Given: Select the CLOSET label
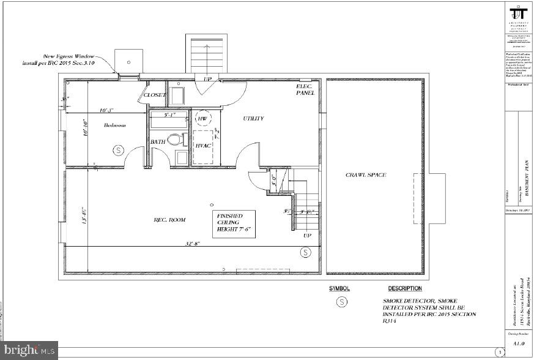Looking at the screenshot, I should pyautogui.click(x=154, y=95).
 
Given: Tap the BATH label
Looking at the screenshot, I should pyautogui.click(x=158, y=141).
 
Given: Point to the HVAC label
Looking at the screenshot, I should pyautogui.click(x=203, y=145).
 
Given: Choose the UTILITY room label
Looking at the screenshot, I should pyautogui.click(x=253, y=118).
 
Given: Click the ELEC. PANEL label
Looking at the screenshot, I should pyautogui.click(x=305, y=90).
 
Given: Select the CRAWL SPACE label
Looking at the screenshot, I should pyautogui.click(x=366, y=175).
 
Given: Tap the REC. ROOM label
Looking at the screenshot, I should pyautogui.click(x=169, y=219).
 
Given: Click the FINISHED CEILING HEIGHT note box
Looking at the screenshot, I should pyautogui.click(x=234, y=223).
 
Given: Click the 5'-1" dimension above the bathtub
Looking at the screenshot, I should pyautogui.click(x=169, y=114).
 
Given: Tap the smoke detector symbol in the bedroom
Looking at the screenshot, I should pyautogui.click(x=118, y=149).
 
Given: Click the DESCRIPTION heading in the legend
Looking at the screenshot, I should pyautogui.click(x=404, y=288).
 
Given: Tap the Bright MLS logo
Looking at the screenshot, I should pyautogui.click(x=29, y=351).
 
